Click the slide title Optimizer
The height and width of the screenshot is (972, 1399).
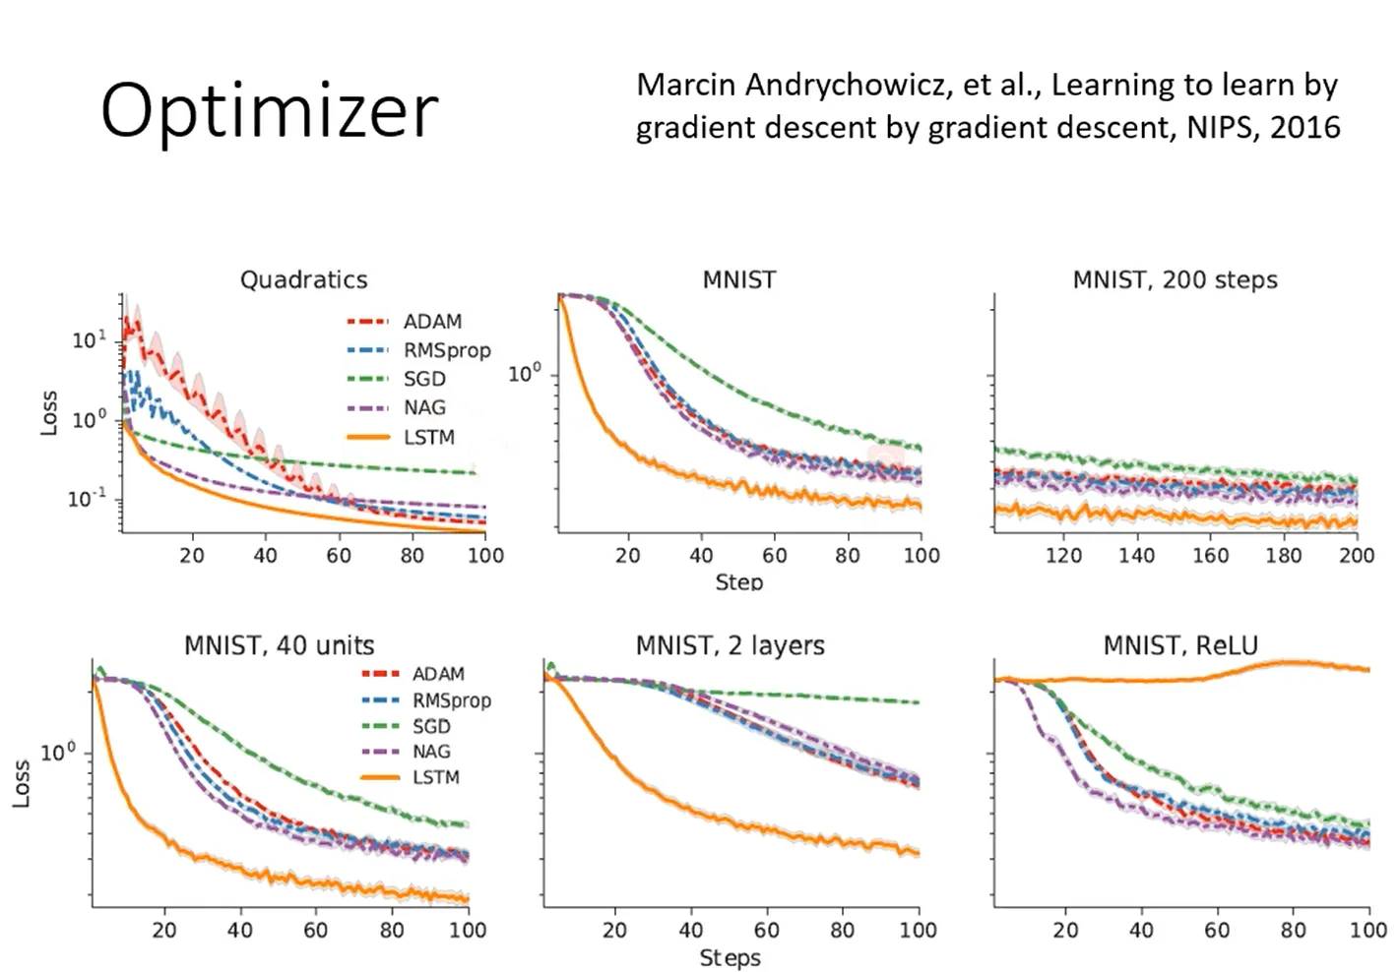pos(269,110)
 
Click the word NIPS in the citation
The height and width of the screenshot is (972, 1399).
pos(1221,128)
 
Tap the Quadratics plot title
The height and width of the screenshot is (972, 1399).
pos(303,280)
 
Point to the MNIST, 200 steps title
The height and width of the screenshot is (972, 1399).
pos(1175,280)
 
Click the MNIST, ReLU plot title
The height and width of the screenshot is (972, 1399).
pos(1179,646)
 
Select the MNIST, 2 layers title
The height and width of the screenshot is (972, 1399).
pos(730,646)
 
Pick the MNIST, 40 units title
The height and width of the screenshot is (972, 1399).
pos(279,646)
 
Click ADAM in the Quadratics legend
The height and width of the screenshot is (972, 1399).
pos(432,322)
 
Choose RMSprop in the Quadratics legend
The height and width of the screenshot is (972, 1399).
pos(446,350)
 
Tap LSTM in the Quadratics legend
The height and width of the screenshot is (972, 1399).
pos(429,437)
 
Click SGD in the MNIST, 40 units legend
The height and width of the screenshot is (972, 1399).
pos(431,726)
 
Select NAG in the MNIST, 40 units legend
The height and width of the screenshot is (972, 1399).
pos(431,752)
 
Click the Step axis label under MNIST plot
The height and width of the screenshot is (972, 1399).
pos(738,582)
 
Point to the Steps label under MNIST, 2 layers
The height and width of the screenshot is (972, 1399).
pos(730,957)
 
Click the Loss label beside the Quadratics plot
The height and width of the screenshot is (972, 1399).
pos(49,413)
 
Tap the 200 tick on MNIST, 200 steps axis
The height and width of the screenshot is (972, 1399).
pos(1356,556)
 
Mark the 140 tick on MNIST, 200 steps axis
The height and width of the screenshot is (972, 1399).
pos(1136,556)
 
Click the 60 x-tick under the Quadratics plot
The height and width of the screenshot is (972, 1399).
pos(338,556)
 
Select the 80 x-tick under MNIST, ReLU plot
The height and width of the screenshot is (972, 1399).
pos(1293,930)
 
